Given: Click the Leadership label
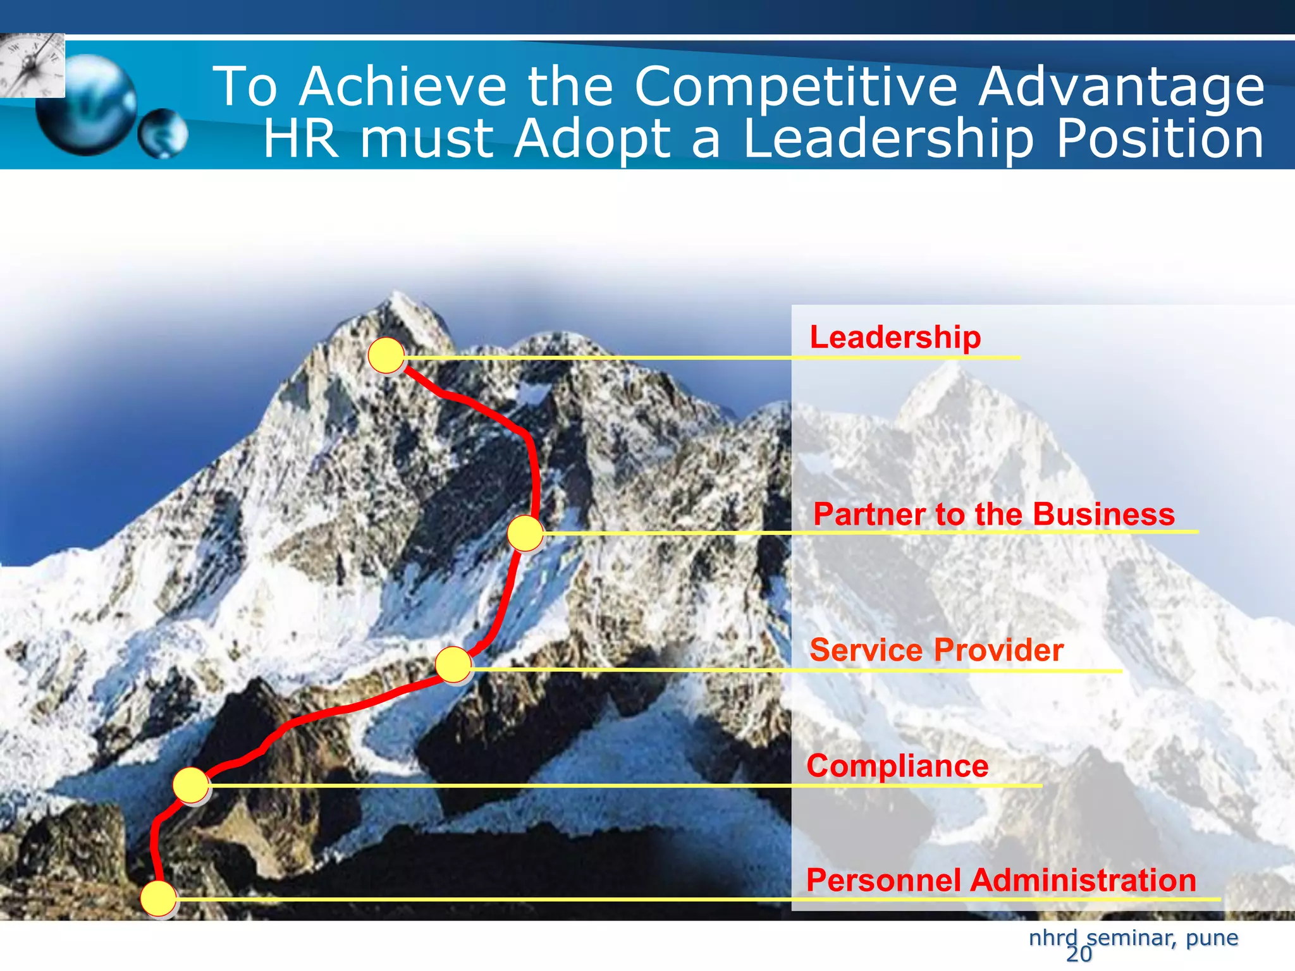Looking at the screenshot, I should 895,337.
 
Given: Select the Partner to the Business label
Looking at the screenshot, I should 993,514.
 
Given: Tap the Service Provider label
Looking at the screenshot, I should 936,650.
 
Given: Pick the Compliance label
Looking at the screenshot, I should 897,766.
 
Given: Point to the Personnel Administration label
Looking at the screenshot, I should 1000,880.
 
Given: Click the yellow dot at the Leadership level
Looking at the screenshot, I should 386,355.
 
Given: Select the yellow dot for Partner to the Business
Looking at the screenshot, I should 525,533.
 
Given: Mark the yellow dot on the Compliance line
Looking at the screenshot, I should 191,785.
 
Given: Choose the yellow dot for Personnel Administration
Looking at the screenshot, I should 158,898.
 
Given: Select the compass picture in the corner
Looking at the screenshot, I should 32,65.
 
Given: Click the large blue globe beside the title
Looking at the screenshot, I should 86,104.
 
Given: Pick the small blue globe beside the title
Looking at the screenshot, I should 163,133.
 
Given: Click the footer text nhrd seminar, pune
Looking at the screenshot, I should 1133,937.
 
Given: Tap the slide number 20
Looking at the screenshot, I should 1079,955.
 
